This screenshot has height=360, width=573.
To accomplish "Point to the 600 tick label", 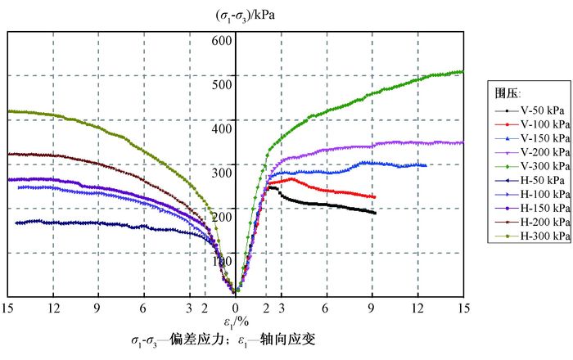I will [x=223, y=40].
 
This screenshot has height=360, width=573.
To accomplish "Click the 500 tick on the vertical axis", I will [x=223, y=76].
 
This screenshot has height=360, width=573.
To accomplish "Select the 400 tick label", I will [x=223, y=121].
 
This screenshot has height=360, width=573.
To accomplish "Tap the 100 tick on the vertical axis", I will [x=223, y=260].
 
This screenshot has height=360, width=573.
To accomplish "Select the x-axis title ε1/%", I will [x=236, y=322].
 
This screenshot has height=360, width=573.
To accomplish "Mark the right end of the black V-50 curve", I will [x=375, y=214].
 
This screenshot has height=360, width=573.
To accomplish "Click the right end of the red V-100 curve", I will [x=374, y=197].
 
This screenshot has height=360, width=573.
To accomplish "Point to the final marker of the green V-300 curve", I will [x=462, y=71].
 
